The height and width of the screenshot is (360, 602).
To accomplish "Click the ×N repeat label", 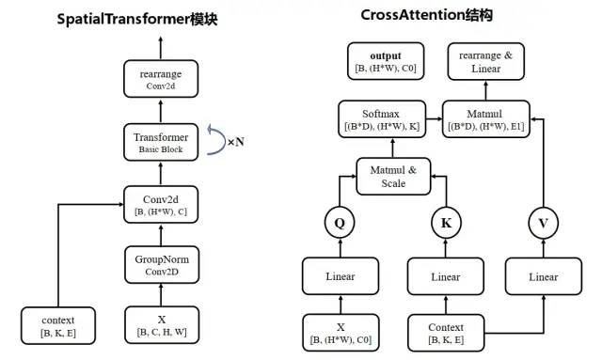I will (236, 143).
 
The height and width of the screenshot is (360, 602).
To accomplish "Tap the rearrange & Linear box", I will (485, 61).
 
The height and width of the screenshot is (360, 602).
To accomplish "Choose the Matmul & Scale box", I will (393, 176).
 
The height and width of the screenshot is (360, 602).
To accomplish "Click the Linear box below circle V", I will (544, 276).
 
